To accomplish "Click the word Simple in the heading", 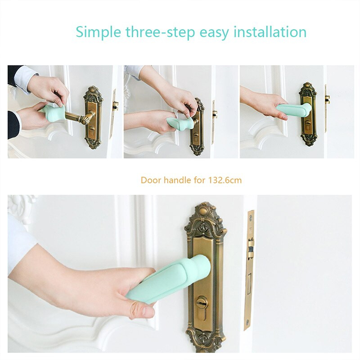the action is (x=98, y=32).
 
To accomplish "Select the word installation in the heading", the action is (x=270, y=31).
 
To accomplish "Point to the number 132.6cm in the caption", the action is (x=225, y=180).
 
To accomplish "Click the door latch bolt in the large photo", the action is (x=250, y=250).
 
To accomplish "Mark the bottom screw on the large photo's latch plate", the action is (x=247, y=322).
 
